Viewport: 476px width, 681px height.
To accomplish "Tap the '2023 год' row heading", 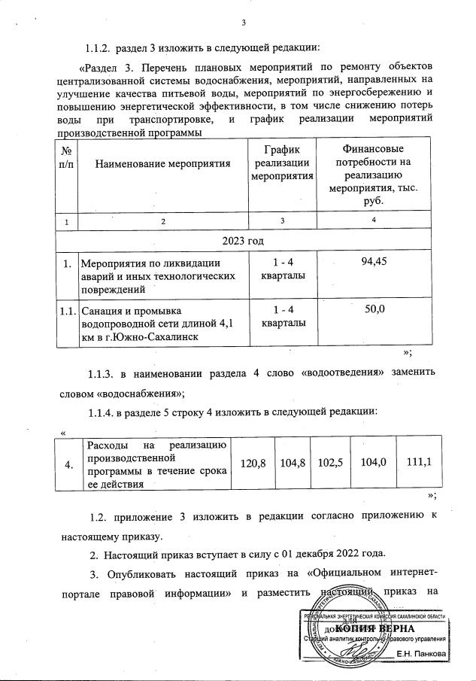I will coord(244,240).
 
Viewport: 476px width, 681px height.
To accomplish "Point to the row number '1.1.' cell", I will coord(68,310).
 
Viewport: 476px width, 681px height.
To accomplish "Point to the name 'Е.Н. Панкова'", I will coord(421,655).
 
